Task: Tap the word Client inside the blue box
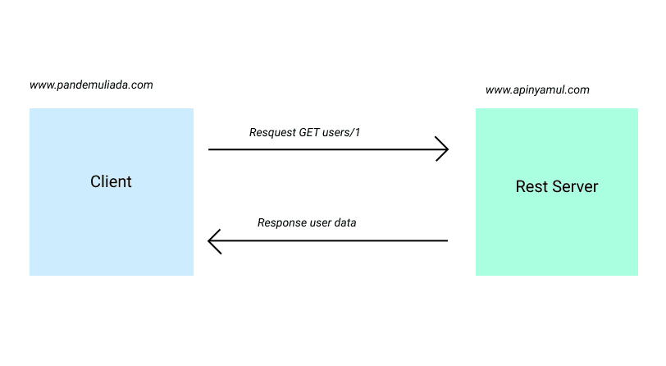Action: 111,181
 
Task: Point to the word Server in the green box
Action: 574,187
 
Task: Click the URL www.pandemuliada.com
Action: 91,85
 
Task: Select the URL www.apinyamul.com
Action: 537,90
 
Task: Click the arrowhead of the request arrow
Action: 444,149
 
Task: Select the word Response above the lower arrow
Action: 281,222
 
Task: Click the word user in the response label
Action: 321,222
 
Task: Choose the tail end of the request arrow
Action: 211,149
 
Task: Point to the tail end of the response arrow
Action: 445,241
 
